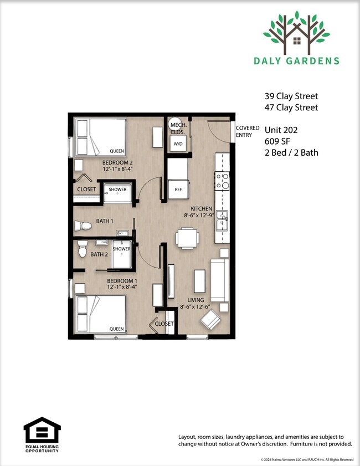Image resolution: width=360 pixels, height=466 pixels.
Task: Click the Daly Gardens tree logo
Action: point(297,33)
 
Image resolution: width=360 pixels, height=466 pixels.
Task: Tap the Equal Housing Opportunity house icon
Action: point(42,430)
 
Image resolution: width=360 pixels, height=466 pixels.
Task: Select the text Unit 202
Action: point(281,130)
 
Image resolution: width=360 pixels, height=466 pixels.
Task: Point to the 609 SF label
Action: point(277,141)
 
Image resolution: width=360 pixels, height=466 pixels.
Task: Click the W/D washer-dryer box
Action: point(178,144)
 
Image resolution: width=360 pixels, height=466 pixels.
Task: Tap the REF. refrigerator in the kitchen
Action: point(178,190)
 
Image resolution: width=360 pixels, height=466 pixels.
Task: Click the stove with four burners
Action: point(222,181)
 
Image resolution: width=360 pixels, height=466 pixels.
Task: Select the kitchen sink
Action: point(222,220)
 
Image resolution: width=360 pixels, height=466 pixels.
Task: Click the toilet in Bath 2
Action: point(83,249)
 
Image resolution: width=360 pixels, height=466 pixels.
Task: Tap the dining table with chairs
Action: point(187,238)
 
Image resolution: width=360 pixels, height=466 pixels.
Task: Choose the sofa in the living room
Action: point(219,280)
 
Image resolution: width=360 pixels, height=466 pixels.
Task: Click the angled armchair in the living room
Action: point(210,320)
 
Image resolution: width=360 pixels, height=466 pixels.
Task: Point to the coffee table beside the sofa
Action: point(199,281)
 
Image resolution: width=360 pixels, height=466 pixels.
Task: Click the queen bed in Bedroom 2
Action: point(100,137)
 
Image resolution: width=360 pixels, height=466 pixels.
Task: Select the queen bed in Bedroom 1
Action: point(100,314)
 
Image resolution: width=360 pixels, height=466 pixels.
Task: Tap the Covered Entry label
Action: point(248,131)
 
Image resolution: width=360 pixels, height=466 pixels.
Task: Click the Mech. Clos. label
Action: point(178,129)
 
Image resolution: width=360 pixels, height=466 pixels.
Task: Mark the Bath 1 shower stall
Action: point(117,193)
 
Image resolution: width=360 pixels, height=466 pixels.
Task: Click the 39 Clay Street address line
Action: point(291,96)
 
